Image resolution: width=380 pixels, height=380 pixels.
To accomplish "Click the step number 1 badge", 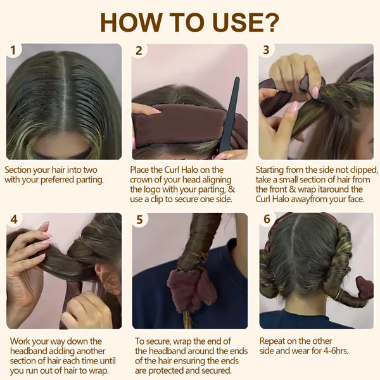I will click(13, 50).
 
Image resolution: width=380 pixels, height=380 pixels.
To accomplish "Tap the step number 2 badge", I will click(139, 50).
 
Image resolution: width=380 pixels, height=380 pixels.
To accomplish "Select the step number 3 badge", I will click(266, 50).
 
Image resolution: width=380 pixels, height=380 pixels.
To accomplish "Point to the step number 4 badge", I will click(13, 219).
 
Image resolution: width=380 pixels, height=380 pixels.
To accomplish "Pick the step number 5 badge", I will click(139, 219).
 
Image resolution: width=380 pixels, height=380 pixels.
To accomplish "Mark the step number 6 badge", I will click(266, 219).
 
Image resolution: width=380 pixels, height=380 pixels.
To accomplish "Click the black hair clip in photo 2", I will click(229, 114).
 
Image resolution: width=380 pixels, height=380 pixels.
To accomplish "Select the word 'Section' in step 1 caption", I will click(20, 170).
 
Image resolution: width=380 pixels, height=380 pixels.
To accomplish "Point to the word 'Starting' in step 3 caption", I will click(272, 170).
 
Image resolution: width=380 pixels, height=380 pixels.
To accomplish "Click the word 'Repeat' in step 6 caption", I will click(274, 341).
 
